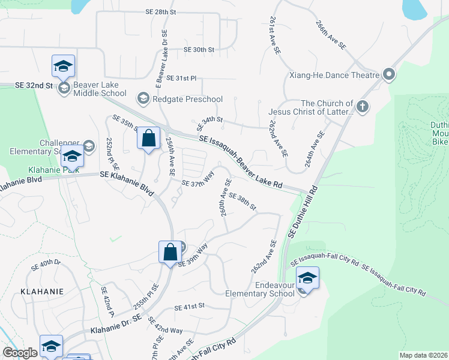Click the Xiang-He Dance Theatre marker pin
point(389,75)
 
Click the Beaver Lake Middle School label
point(100,89)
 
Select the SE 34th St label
point(209,125)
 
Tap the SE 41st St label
point(190,307)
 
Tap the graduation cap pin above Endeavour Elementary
point(307,278)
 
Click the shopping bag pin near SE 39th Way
point(170,251)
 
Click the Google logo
point(20,353)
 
